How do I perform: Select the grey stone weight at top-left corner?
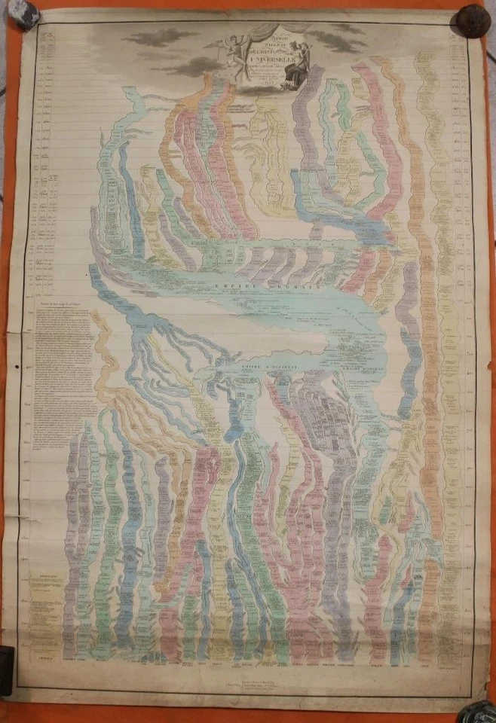(x=26, y=13)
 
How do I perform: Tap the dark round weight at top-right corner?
(x=473, y=19)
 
